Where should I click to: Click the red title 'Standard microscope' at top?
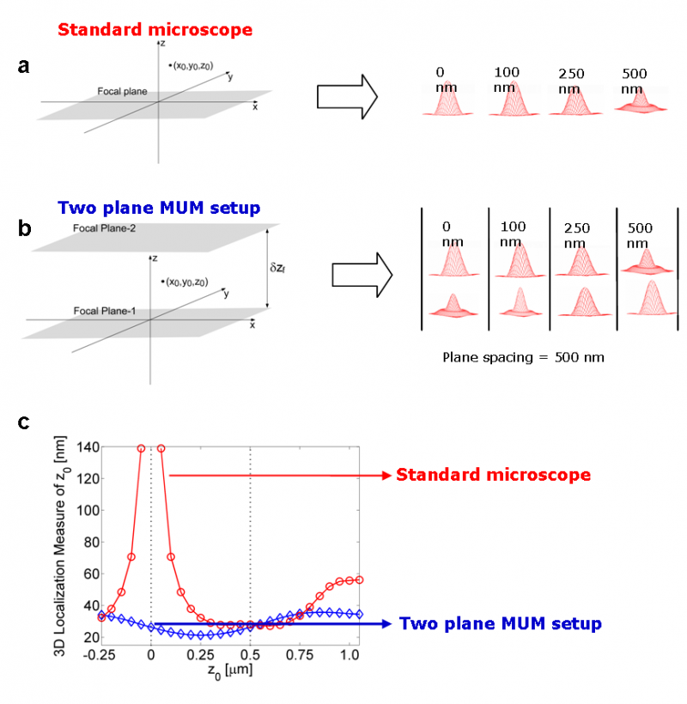coord(155,30)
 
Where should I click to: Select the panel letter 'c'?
coord(24,422)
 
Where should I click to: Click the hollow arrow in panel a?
coord(348,96)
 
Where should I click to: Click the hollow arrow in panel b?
coord(361,275)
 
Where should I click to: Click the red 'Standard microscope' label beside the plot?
coord(493,475)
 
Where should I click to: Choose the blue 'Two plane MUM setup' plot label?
coord(501,623)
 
